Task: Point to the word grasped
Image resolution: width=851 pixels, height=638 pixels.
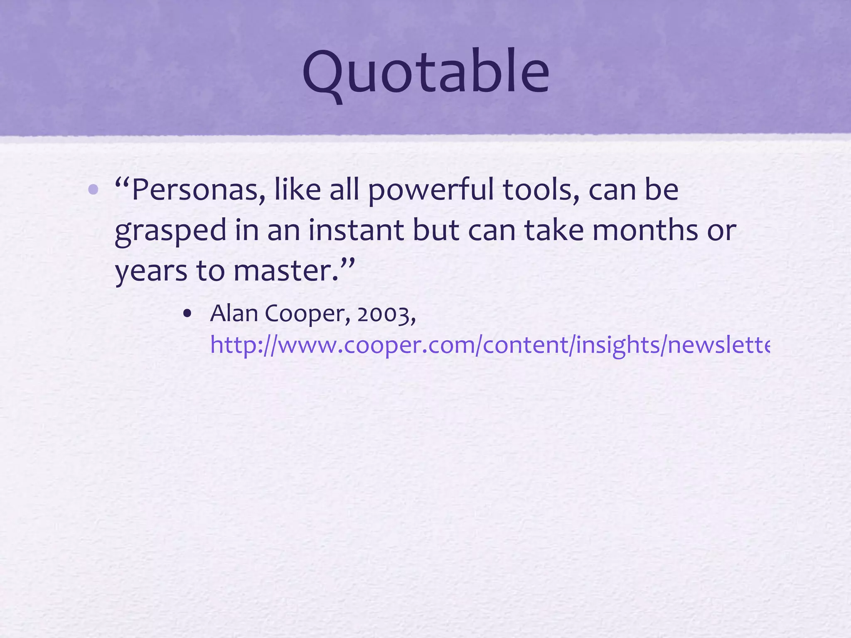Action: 170,231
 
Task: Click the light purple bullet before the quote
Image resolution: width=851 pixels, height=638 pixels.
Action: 93,190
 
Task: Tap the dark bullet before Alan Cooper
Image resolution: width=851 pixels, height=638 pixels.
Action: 187,314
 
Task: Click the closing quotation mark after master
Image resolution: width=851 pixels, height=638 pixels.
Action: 348,263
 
